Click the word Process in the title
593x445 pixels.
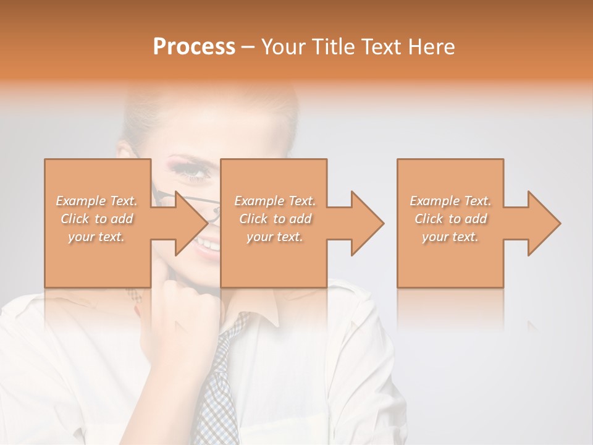(x=194, y=47)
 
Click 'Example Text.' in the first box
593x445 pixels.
(x=97, y=201)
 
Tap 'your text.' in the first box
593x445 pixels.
(x=97, y=237)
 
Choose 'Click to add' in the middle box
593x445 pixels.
(x=275, y=219)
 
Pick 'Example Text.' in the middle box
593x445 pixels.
(x=275, y=201)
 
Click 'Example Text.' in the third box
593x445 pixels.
(x=450, y=201)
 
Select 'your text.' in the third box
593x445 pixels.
(x=450, y=237)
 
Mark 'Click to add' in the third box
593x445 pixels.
(x=450, y=219)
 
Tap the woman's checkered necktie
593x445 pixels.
(x=219, y=383)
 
